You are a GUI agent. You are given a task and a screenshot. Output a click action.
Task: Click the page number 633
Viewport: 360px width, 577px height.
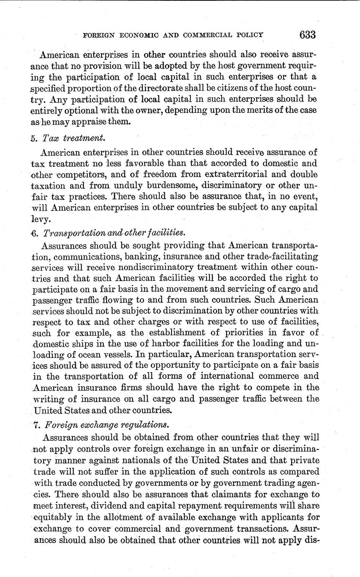[307, 34]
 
